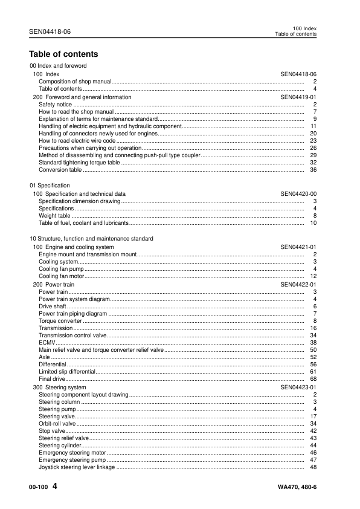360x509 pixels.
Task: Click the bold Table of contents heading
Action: pos(63,54)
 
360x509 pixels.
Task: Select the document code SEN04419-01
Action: pos(298,97)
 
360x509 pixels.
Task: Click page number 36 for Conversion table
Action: pos(313,170)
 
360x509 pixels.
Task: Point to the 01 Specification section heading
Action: pos(50,186)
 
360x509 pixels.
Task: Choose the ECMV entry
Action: pos(47,342)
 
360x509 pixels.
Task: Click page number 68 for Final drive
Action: pos(313,379)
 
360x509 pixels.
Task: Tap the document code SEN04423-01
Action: pos(298,387)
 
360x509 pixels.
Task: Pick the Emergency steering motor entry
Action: pos(72,452)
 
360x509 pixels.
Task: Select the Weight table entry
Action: pos(54,215)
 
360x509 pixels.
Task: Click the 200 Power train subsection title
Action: pos(54,284)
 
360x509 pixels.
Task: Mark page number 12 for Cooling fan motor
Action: pos(313,276)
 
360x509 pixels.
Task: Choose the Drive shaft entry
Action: pos(53,306)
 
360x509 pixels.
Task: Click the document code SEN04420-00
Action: pos(298,193)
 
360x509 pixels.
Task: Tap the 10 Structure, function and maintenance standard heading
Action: pos(91,239)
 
